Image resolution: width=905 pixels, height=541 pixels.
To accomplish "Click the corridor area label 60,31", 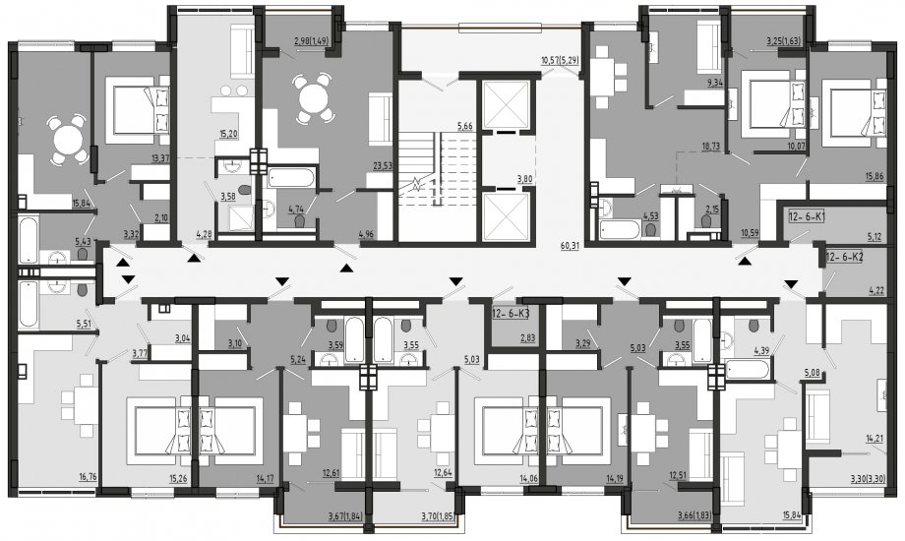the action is [x=570, y=245].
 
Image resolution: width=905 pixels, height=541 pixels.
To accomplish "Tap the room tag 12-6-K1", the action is [x=807, y=217].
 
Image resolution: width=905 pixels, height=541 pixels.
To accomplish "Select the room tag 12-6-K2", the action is [x=844, y=258].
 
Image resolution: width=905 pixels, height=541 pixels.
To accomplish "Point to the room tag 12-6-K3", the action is [x=511, y=315].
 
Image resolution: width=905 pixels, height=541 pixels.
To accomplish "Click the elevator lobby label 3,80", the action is [x=524, y=179].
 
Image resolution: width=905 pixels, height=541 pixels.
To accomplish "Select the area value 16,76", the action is [x=88, y=476].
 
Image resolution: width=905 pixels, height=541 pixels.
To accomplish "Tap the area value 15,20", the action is [x=229, y=134].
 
